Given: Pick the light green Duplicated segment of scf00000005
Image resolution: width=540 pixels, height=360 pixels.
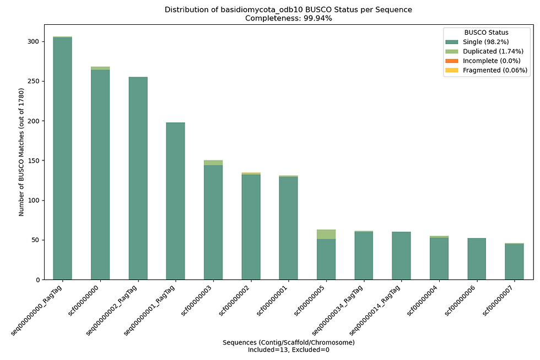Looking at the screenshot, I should coord(326,234).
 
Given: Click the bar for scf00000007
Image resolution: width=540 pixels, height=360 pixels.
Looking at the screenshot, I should coord(514,261).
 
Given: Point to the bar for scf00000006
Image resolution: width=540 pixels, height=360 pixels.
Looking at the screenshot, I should coord(477,259).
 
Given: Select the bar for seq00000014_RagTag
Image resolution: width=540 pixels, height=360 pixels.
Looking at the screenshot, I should coord(401,256).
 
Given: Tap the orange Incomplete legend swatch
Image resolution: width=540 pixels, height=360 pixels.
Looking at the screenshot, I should coord(452,61).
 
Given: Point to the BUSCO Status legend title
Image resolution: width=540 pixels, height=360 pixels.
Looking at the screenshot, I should coord(486,33).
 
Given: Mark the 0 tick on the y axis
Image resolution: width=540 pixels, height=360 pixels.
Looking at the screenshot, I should coord(35,280).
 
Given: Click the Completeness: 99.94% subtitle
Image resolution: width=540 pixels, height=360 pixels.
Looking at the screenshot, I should coord(288,18).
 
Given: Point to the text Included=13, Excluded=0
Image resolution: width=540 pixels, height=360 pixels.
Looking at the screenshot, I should coord(288,350).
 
